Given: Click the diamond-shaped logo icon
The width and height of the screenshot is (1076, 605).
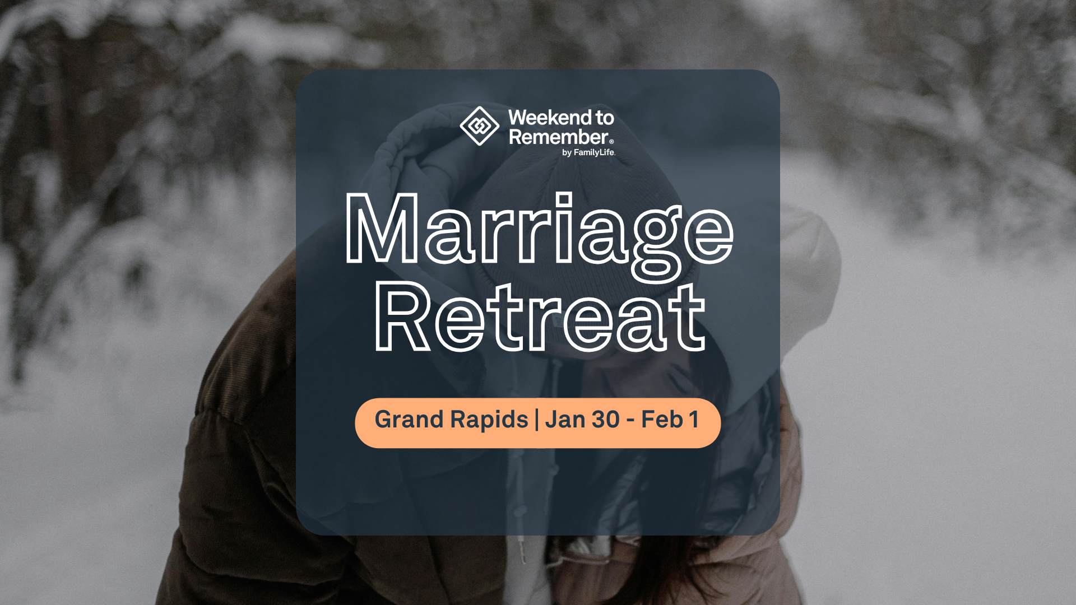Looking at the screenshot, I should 479,126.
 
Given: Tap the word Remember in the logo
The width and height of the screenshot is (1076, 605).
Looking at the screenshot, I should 558,137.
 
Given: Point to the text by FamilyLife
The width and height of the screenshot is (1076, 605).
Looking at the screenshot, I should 588,152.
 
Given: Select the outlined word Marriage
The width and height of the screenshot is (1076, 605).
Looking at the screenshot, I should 539,230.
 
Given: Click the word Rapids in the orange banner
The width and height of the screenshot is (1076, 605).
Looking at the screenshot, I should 489,420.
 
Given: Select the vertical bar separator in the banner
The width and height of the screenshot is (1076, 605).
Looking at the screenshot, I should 537,420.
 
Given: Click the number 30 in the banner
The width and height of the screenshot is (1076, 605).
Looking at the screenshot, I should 605,420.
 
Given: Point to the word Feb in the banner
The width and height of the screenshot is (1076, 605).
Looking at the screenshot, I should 662,420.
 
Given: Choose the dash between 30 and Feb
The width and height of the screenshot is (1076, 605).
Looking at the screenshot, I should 630,421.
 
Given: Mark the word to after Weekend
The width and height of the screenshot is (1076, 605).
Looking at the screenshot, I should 605,118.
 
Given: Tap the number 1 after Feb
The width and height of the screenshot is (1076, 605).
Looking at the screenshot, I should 694,420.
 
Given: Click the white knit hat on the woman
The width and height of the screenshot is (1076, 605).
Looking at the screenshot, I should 813,269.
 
